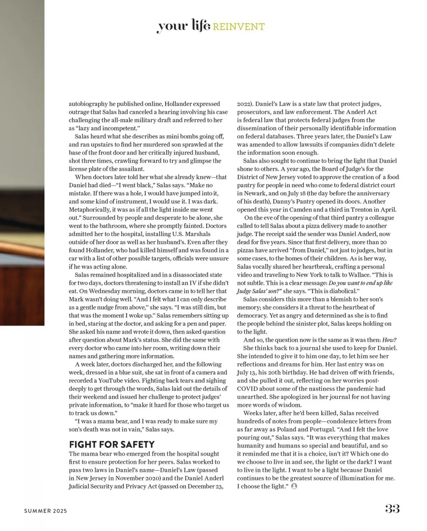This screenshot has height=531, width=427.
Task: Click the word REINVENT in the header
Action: coord(239,27)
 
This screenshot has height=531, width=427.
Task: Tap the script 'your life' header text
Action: coord(184,26)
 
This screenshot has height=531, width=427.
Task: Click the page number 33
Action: coord(392,509)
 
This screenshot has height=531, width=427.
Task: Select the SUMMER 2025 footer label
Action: coord(46,511)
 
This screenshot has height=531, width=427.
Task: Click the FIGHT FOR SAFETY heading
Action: coord(112,444)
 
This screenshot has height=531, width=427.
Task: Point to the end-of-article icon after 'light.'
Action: coord(294,486)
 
